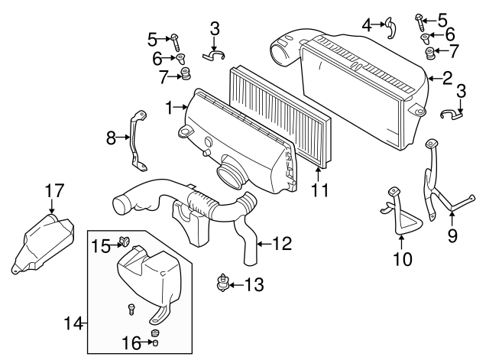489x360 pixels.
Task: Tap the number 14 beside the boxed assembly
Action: tap(73, 323)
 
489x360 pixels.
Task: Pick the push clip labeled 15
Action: tap(125, 244)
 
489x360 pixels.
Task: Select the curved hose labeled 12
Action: tap(248, 237)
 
